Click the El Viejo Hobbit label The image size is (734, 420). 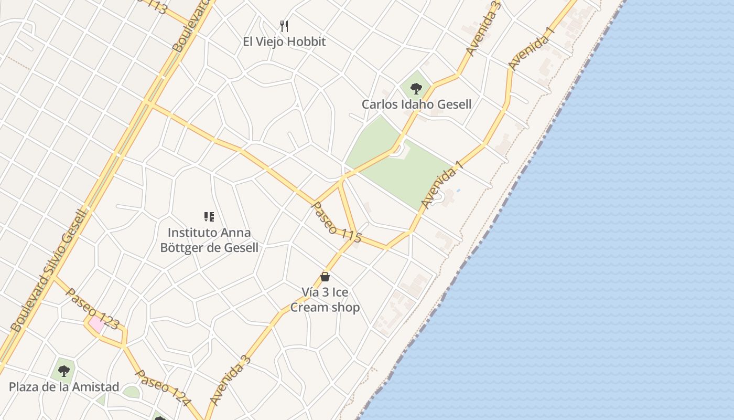point(284,41)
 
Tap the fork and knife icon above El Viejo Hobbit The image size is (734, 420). point(284,26)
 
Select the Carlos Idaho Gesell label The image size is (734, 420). point(416,104)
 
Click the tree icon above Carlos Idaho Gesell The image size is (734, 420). point(416,88)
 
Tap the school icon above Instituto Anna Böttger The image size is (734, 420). point(209,217)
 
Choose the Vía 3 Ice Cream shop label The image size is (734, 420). point(325,300)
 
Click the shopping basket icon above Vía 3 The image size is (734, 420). point(325,277)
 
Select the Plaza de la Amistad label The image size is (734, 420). point(64,387)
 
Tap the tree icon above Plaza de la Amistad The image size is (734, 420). point(64,371)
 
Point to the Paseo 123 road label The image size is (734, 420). point(93,309)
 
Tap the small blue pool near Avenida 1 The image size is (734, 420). point(458,190)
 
